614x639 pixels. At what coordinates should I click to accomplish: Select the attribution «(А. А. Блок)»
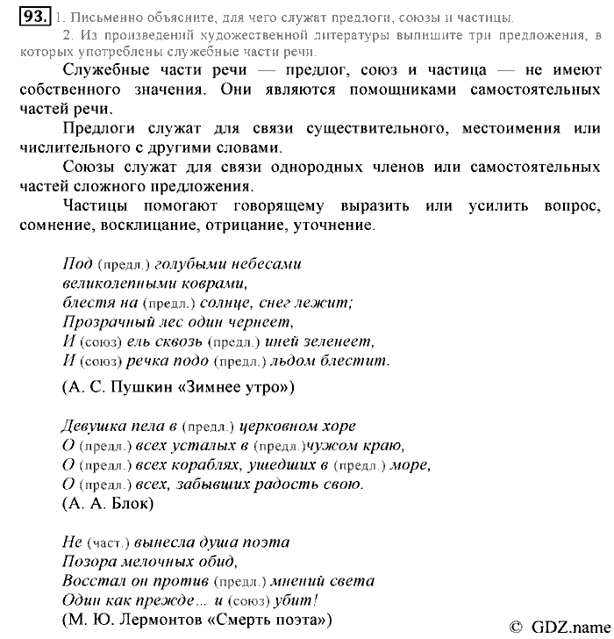[x=107, y=504]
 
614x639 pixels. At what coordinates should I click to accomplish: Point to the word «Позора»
[x=90, y=562]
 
